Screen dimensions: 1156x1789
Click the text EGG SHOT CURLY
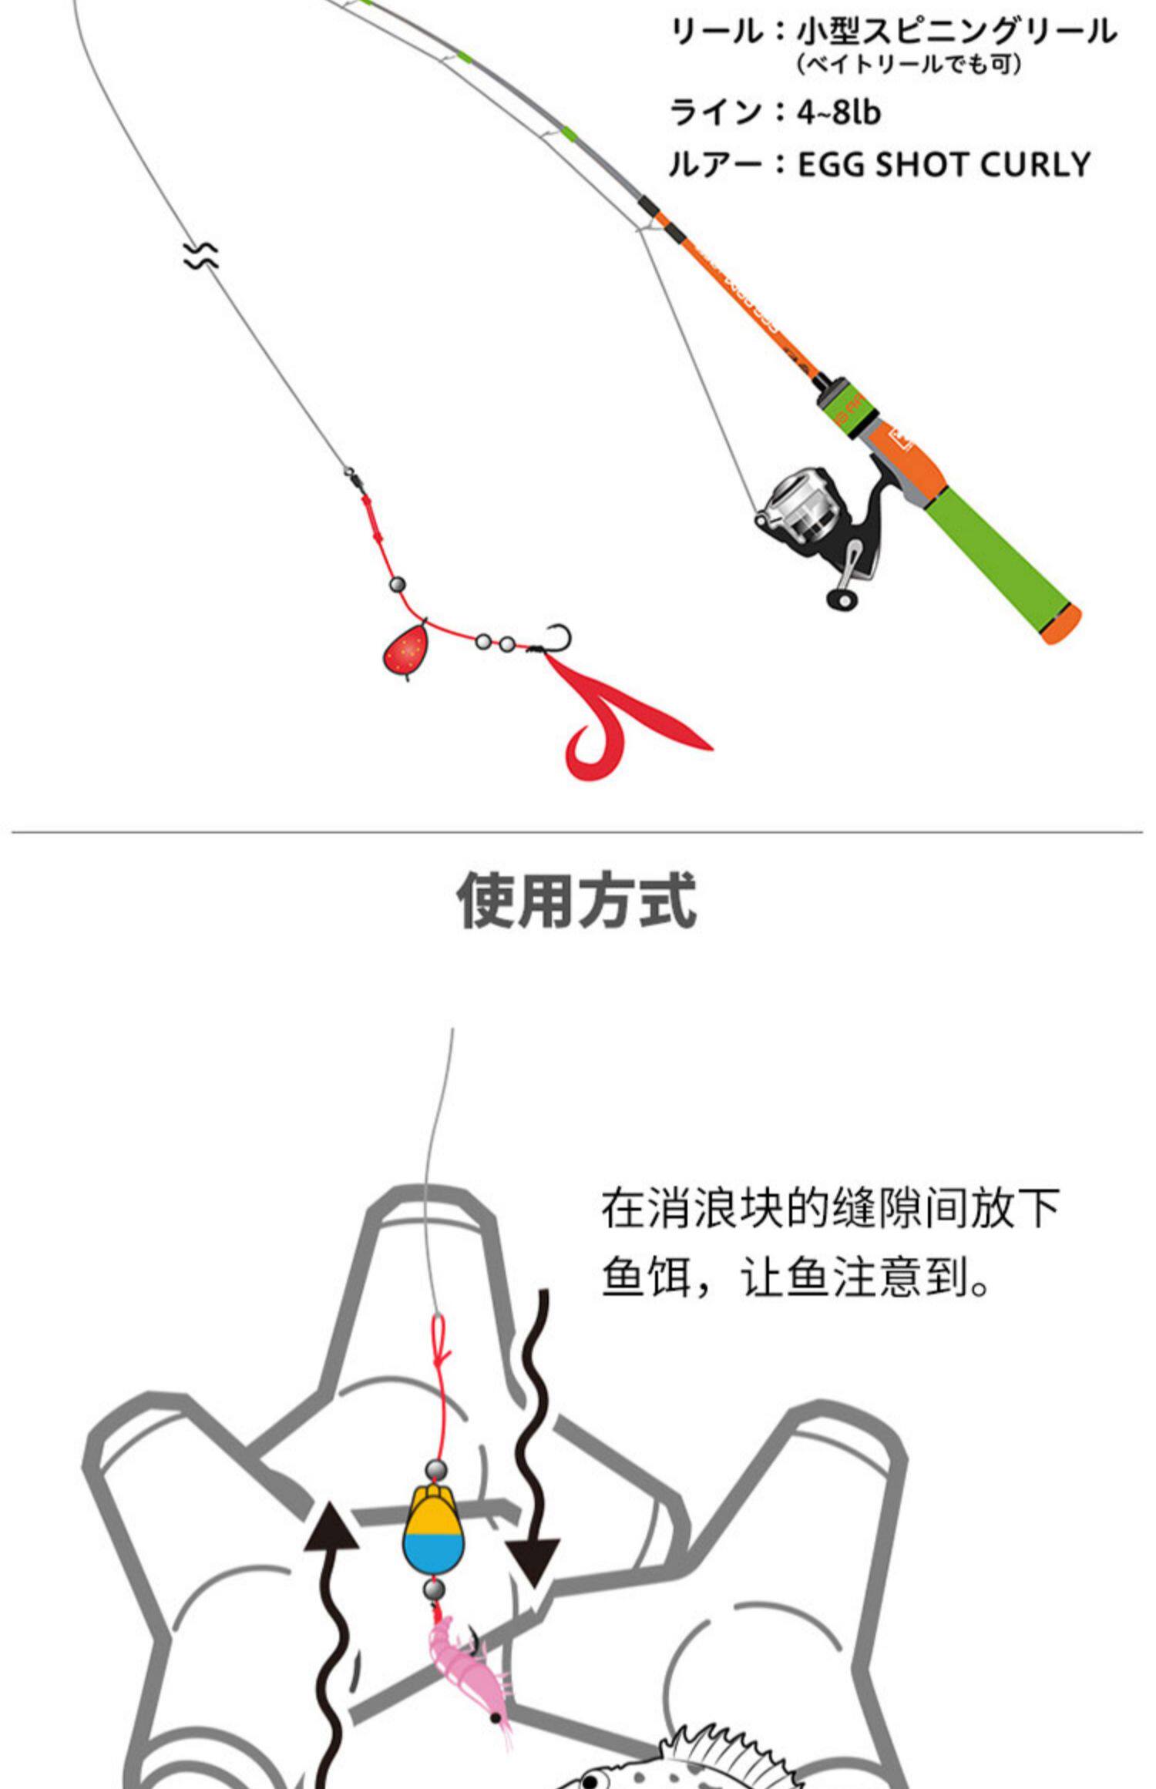point(943,165)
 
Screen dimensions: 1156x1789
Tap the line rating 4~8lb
point(838,112)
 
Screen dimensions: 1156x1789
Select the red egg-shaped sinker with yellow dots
point(405,652)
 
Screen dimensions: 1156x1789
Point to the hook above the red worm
point(556,640)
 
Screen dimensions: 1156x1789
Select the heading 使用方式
point(577,900)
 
